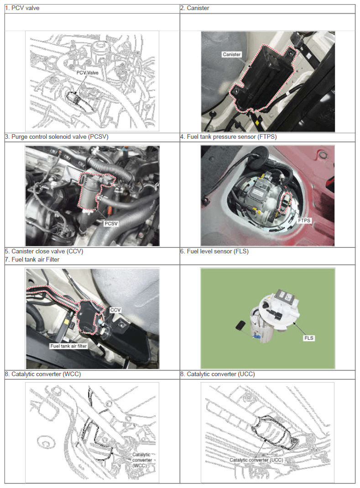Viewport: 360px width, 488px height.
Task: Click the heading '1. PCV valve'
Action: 22,8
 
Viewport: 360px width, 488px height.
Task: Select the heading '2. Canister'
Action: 195,8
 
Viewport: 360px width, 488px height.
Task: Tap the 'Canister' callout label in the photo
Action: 231,54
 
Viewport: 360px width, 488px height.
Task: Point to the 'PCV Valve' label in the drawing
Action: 88,73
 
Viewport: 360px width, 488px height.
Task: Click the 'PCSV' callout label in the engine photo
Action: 111,224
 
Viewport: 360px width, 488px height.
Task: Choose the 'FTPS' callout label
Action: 304,220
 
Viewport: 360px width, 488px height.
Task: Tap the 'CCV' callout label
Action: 115,310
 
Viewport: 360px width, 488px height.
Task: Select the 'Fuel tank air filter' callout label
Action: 68,346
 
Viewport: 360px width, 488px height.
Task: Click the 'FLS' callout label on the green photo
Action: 308,338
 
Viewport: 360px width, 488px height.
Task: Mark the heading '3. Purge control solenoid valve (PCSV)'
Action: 57,137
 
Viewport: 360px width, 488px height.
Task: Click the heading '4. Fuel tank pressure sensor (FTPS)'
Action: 229,137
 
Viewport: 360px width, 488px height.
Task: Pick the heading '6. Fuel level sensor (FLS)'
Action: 215,252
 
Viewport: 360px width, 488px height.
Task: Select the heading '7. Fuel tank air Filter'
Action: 32,260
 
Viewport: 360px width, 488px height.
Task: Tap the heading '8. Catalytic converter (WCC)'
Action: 43,374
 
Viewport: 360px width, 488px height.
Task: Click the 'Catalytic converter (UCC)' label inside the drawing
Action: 256,460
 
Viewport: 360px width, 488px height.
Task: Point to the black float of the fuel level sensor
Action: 240,325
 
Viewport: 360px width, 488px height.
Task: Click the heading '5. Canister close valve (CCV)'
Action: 44,252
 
